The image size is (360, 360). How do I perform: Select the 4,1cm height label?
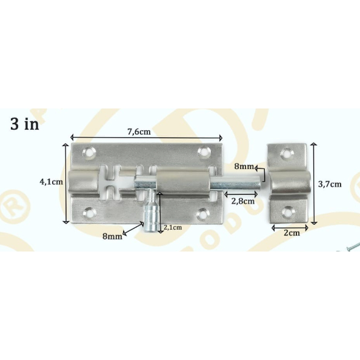(50, 181)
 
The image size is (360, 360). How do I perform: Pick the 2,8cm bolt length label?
(242, 201)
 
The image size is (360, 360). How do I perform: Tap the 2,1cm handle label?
(173, 227)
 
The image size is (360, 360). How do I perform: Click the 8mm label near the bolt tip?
(245, 166)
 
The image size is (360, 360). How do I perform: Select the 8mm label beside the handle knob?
(112, 236)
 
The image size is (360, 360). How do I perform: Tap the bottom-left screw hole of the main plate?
(91, 212)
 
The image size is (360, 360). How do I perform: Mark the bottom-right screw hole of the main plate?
(203, 213)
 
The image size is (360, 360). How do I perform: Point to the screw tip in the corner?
(352, 246)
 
